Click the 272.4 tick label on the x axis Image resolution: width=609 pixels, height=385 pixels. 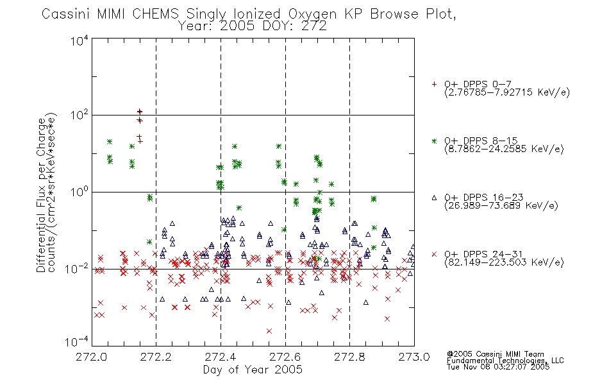point(221,357)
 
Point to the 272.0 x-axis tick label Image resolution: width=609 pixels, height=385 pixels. point(92,357)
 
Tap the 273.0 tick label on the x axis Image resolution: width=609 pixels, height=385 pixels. point(414,357)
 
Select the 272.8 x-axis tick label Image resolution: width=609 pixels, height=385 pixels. point(349,357)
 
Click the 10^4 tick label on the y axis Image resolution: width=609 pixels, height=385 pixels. point(79,40)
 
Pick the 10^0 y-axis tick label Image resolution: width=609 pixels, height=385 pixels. point(79,192)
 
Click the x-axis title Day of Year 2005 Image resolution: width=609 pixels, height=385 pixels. point(253,370)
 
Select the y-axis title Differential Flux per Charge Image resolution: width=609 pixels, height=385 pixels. point(41,195)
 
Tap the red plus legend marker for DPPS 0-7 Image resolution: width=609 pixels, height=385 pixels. point(434,84)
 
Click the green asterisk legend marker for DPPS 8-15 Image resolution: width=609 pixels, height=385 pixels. point(434,141)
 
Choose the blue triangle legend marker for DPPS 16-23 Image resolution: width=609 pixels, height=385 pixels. point(434,198)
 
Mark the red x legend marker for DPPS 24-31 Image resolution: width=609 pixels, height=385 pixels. point(434,254)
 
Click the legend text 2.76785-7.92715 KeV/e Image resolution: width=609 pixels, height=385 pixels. point(507,92)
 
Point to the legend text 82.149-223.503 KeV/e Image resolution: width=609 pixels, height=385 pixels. point(504,262)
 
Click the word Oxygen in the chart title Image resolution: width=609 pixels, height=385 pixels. point(312,14)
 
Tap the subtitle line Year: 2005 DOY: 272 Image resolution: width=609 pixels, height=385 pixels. point(253,26)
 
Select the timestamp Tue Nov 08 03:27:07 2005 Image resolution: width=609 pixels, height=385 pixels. point(498,367)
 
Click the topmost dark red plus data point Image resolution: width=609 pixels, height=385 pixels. point(140,112)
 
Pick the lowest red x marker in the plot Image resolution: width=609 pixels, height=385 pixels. point(269,331)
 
